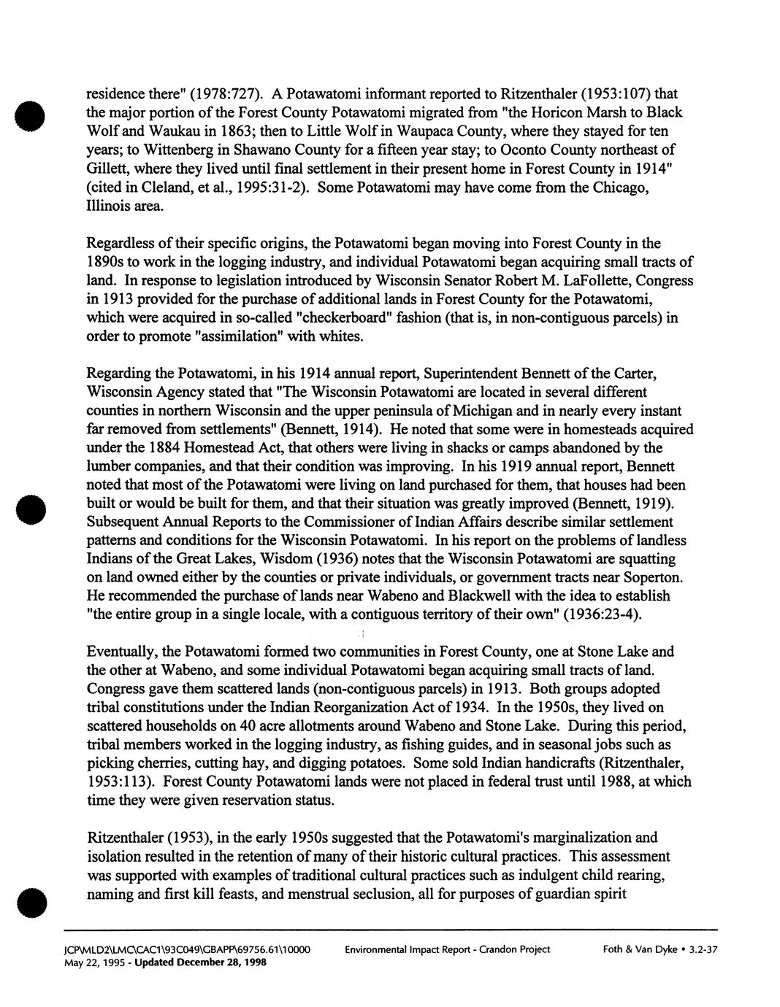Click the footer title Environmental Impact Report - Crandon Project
tap(447, 949)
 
